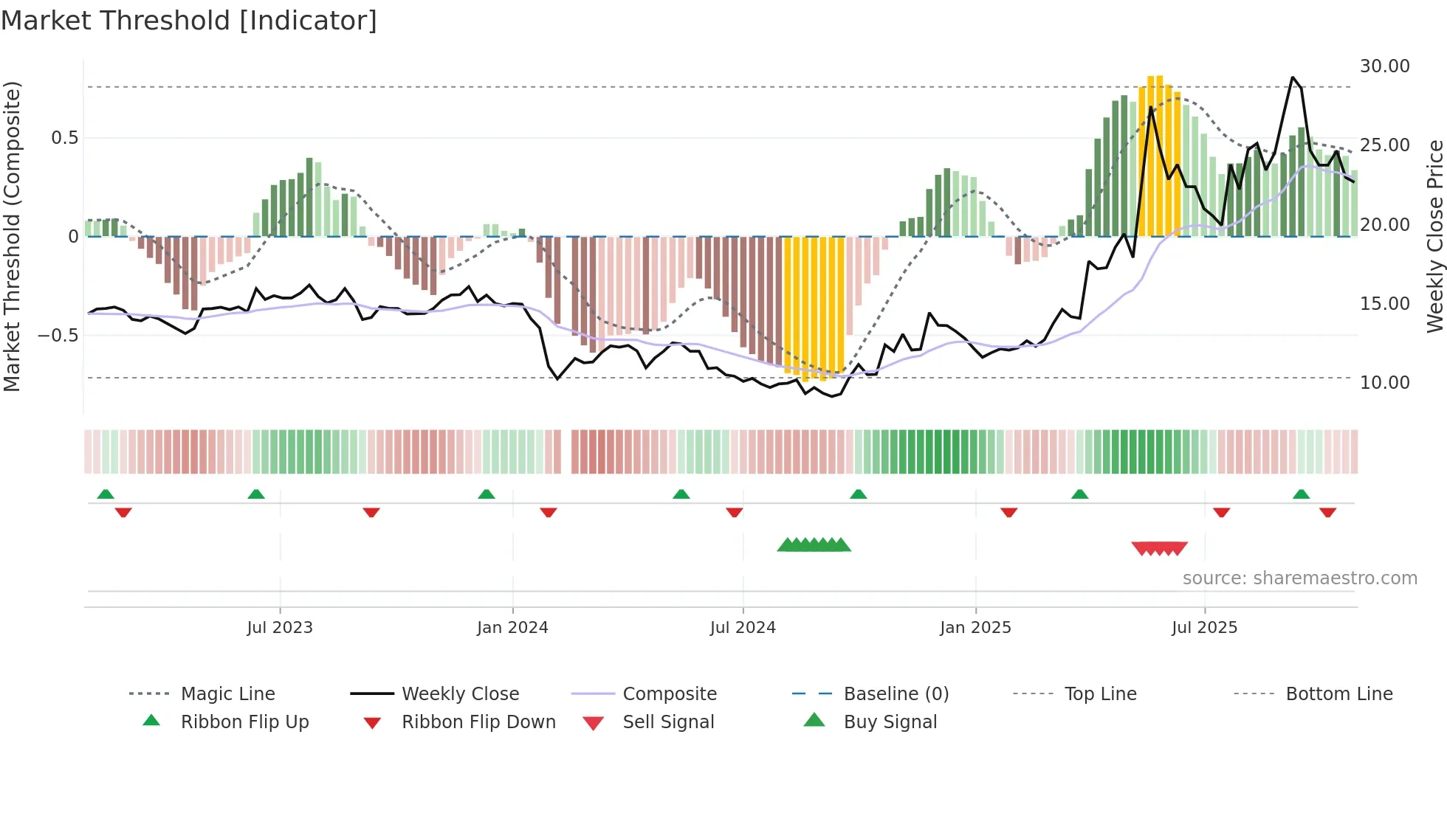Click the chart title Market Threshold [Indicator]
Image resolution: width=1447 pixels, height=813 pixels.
point(189,21)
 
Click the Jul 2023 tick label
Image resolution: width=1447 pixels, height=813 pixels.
point(280,628)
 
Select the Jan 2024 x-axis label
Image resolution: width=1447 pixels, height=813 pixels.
point(512,628)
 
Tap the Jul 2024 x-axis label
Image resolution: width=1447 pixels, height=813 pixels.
point(743,628)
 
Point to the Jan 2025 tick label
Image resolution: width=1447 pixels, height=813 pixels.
point(975,628)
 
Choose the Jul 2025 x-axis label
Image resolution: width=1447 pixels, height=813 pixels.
point(1204,628)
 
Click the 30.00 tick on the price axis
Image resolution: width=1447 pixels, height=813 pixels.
point(1384,66)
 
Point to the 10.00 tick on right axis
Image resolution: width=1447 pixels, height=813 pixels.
point(1384,383)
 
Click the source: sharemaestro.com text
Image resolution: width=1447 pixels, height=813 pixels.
point(1299,578)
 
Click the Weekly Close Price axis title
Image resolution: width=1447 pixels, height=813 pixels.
point(1434,236)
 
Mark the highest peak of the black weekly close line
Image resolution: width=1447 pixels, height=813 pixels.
point(1292,77)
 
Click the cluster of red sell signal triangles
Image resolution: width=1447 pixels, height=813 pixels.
point(1159,548)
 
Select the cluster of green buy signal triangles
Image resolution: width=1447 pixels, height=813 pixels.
point(814,545)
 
